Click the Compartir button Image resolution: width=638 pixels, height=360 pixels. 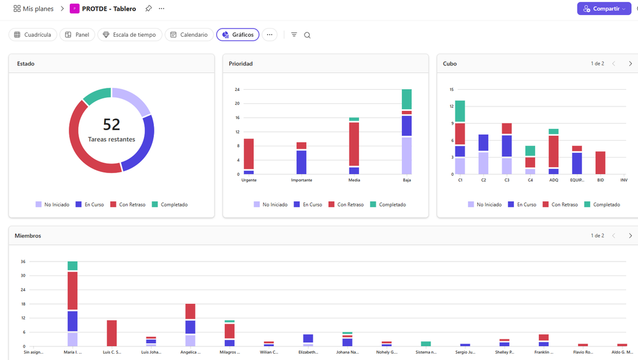(604, 9)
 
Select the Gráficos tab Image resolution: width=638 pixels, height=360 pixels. (237, 35)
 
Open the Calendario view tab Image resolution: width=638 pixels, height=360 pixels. (189, 35)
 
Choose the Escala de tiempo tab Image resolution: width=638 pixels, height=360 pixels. (130, 35)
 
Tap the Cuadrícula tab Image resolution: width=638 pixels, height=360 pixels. (32, 35)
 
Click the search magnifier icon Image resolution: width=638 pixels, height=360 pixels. (307, 35)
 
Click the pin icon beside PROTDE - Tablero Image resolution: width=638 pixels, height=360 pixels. (148, 9)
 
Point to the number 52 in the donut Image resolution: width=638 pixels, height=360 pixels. (112, 125)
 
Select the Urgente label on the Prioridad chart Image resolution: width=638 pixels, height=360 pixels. (249, 180)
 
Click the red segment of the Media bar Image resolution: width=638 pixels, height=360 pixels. (354, 144)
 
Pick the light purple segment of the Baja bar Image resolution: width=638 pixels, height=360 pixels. (406, 156)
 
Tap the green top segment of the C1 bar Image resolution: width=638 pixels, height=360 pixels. (460, 111)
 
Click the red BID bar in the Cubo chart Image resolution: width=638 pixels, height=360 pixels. (600, 163)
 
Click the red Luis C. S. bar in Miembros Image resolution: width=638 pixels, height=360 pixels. (112, 333)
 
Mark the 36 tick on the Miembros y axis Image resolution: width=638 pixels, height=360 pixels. (23, 262)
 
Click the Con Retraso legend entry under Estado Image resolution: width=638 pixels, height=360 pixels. (128, 205)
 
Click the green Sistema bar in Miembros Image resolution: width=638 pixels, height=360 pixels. (426, 344)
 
